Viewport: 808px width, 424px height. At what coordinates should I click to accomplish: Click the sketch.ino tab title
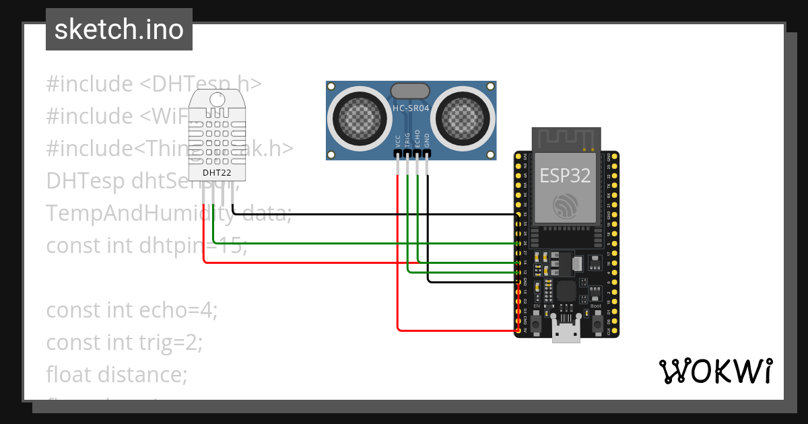coord(119,30)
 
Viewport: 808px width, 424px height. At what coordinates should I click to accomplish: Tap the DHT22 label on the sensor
coord(216,172)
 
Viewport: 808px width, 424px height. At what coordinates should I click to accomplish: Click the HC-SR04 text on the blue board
coord(411,108)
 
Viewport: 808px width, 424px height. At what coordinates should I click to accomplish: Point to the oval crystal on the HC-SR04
coord(410,90)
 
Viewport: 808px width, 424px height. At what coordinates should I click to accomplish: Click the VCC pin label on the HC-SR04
coord(398,139)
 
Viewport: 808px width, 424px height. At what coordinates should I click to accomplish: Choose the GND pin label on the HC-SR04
coord(427,139)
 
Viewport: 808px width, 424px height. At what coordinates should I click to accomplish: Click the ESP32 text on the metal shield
coord(566,176)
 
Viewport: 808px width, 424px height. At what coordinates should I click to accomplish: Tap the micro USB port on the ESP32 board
coord(566,330)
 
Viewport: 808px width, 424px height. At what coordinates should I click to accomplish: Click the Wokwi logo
coord(714,371)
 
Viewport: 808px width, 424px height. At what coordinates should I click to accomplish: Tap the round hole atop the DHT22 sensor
coord(217,100)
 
